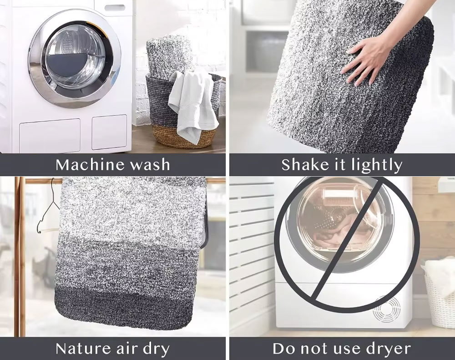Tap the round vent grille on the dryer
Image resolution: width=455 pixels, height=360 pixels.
(387, 309)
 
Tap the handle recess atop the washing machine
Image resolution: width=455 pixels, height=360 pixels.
(115, 8)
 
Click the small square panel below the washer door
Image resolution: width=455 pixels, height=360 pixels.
(109, 132)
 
